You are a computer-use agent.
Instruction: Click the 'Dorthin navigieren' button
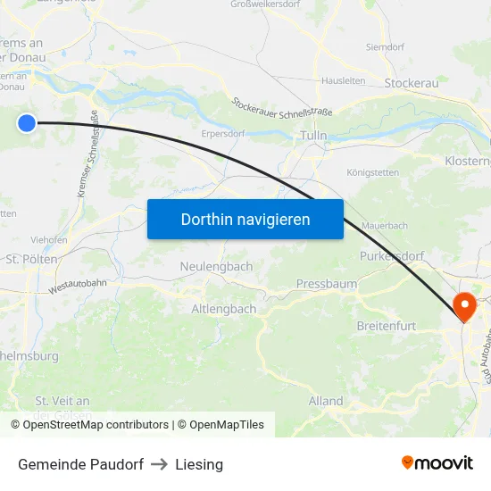point(245,219)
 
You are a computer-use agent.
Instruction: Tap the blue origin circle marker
point(27,123)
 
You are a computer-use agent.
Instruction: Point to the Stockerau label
point(411,83)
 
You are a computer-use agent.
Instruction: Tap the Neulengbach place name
point(216,266)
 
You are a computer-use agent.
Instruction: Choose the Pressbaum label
point(327,284)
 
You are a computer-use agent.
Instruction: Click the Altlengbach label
point(224,309)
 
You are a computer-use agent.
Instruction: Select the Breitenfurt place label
point(387,326)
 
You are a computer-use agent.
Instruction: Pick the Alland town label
point(326,401)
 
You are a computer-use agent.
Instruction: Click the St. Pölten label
point(32,259)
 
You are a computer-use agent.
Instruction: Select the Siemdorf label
point(385,46)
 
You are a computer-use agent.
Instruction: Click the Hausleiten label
point(343,79)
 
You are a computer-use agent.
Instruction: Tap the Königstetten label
point(375,173)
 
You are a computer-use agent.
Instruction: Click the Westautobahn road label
point(78,287)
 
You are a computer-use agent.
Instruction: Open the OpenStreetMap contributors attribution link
point(96,425)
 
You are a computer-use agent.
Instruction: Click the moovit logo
point(437,463)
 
